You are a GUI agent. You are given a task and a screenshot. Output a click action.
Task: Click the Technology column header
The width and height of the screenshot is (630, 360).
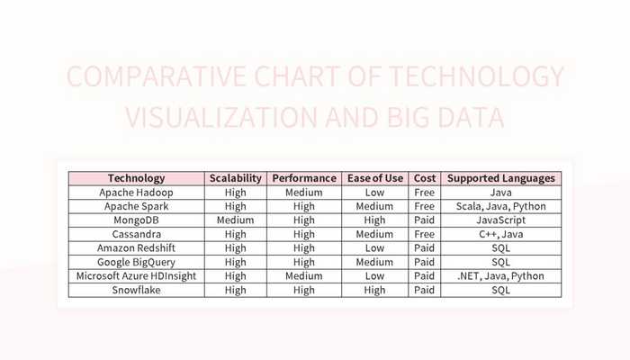(x=137, y=178)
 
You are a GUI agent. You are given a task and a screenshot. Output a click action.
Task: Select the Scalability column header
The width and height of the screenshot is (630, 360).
(x=236, y=178)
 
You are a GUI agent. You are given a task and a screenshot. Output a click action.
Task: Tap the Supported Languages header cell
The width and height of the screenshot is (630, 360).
(x=501, y=178)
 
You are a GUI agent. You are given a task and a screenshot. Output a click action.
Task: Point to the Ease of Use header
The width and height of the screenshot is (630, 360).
(x=375, y=178)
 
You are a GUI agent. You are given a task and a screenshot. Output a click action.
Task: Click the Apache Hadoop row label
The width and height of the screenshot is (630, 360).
(x=137, y=193)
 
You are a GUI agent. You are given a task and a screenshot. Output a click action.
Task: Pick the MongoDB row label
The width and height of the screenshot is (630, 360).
(x=137, y=220)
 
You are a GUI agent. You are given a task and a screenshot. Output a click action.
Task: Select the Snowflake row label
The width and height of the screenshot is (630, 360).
(x=137, y=291)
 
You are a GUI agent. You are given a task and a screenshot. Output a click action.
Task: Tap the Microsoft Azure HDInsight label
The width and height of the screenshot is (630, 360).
(x=137, y=276)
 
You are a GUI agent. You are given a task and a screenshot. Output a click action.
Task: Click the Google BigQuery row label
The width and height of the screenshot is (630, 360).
(x=137, y=263)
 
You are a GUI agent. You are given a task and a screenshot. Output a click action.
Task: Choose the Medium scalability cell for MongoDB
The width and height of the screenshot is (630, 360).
(x=236, y=220)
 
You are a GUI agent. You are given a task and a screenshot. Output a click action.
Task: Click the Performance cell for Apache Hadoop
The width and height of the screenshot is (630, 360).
(x=304, y=193)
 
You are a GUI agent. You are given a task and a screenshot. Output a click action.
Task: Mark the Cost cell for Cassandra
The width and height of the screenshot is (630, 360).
(x=424, y=235)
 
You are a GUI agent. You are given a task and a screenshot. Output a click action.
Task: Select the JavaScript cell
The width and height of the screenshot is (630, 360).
(x=501, y=220)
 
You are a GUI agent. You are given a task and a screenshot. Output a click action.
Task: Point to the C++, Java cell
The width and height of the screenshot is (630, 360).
(x=501, y=235)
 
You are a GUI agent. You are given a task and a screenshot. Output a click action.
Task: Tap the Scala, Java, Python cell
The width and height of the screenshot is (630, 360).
(x=501, y=206)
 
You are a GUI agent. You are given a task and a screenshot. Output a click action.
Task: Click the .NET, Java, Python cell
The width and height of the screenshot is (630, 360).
(x=501, y=276)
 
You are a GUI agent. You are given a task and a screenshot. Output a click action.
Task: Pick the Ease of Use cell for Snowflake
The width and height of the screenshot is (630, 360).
(x=375, y=291)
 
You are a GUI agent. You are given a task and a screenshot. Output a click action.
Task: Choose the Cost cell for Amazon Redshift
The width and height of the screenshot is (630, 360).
(x=424, y=248)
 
